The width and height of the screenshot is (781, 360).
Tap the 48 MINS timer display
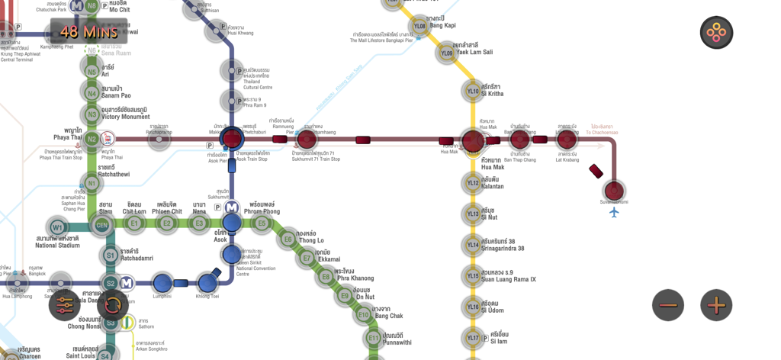point(89,32)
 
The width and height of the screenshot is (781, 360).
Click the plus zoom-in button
point(715,306)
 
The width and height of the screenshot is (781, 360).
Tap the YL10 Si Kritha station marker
point(473,92)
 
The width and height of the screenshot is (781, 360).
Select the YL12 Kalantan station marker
point(473,183)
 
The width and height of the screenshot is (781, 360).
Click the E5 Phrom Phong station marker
point(262,223)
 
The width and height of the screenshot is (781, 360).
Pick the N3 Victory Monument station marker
point(92,115)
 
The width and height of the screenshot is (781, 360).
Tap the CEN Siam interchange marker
point(101,224)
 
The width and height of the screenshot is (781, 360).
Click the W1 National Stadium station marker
point(57,227)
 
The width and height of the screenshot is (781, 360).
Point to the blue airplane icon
point(614,212)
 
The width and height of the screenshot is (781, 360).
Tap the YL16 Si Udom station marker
point(473,307)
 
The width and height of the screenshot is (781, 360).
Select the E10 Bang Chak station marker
point(364,314)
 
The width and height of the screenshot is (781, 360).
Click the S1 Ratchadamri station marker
point(111,256)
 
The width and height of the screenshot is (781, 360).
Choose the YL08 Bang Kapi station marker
point(419,27)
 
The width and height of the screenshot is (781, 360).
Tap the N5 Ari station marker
point(92,72)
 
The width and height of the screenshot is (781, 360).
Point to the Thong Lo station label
point(310,240)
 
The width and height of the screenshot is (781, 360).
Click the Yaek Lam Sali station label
point(474,52)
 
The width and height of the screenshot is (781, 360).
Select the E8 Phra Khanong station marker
point(326,277)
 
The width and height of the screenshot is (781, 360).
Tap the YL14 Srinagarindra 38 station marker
point(473,245)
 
